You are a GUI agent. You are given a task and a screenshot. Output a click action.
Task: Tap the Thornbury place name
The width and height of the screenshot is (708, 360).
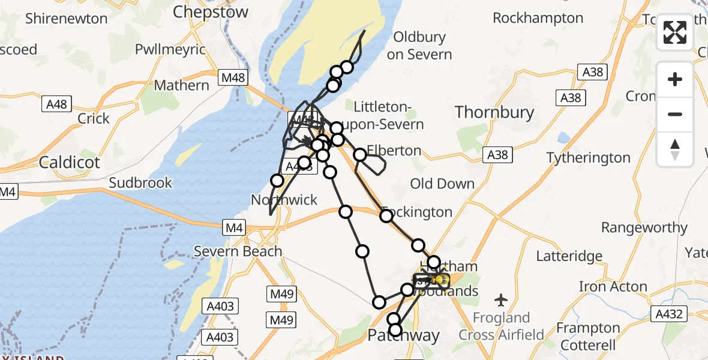[494, 112]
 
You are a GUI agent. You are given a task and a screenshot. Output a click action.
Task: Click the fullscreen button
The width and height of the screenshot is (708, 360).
[675, 32]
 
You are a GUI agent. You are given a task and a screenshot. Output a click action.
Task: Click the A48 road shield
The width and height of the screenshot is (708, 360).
[57, 104]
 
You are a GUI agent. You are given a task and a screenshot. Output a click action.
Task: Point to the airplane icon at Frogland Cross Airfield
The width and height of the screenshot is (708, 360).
[501, 299]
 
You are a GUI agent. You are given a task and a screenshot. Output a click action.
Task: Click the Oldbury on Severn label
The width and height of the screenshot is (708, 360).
[419, 46]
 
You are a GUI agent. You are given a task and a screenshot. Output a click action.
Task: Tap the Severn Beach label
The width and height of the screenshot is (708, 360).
[238, 251]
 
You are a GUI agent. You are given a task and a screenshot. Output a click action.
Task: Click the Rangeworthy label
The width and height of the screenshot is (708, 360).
[644, 227]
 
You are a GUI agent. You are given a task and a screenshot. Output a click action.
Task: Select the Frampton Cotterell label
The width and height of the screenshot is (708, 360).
[587, 337]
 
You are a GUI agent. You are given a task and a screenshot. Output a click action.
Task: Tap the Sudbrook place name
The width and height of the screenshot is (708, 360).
[140, 182]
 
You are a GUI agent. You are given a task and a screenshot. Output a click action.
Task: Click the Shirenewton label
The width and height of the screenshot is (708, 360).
[66, 18]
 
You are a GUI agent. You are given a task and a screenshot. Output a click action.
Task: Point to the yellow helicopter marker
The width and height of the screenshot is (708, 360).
[439, 280]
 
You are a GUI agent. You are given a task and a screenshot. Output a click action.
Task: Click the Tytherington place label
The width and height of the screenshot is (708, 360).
[588, 158]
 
